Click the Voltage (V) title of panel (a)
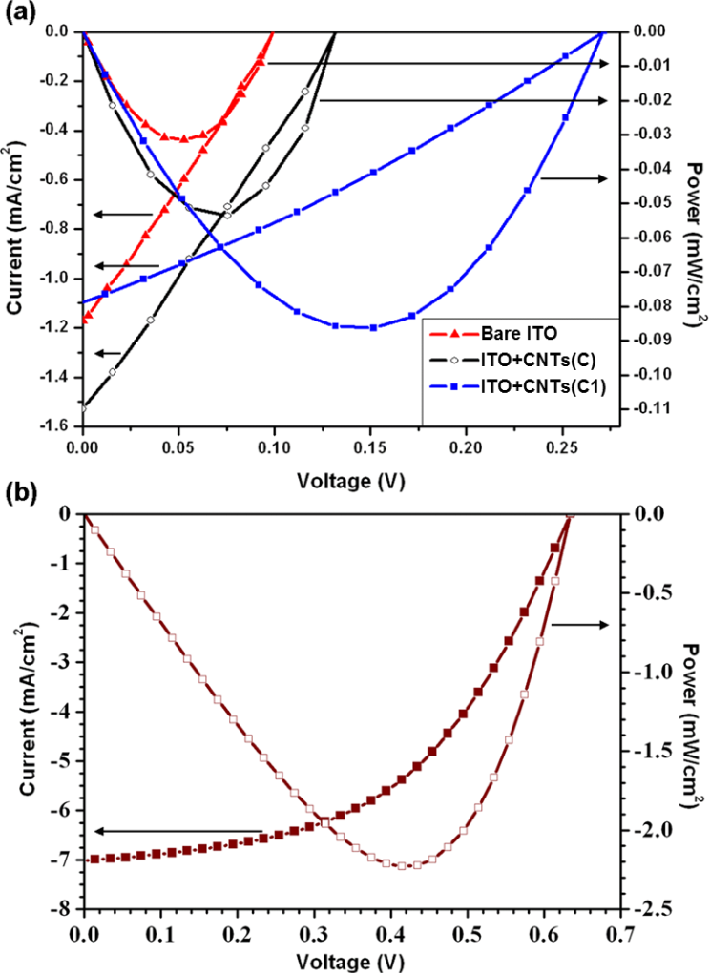tap(350, 481)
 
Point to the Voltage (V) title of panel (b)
tap(350, 962)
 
